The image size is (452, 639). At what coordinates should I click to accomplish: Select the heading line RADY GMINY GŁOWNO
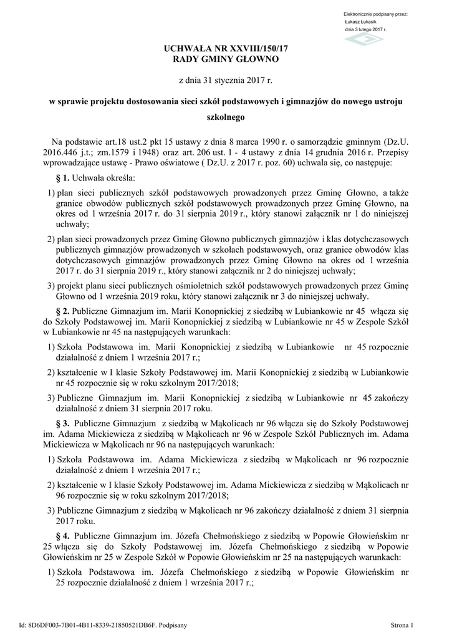click(226, 59)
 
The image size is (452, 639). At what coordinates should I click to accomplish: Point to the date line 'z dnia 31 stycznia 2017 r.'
click(226, 80)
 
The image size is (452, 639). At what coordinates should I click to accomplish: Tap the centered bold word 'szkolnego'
click(226, 117)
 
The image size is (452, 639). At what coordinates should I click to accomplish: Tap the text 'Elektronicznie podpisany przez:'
click(375, 14)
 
